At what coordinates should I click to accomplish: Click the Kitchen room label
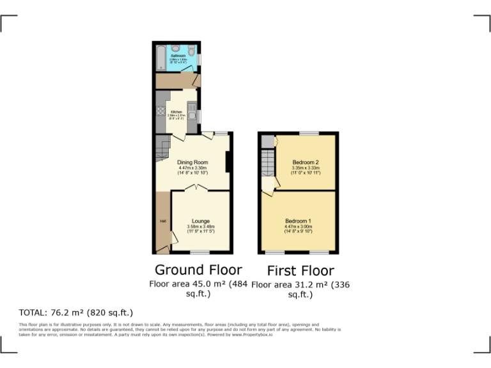click(176, 112)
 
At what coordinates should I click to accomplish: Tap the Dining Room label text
click(193, 162)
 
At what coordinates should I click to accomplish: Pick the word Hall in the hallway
click(162, 221)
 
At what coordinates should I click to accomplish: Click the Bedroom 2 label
click(305, 162)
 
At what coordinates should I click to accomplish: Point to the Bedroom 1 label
click(298, 221)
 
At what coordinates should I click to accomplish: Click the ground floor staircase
click(163, 149)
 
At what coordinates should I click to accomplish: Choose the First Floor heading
click(300, 270)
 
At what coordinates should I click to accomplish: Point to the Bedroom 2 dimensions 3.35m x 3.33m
click(305, 168)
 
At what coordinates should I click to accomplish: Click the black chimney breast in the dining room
click(228, 163)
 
